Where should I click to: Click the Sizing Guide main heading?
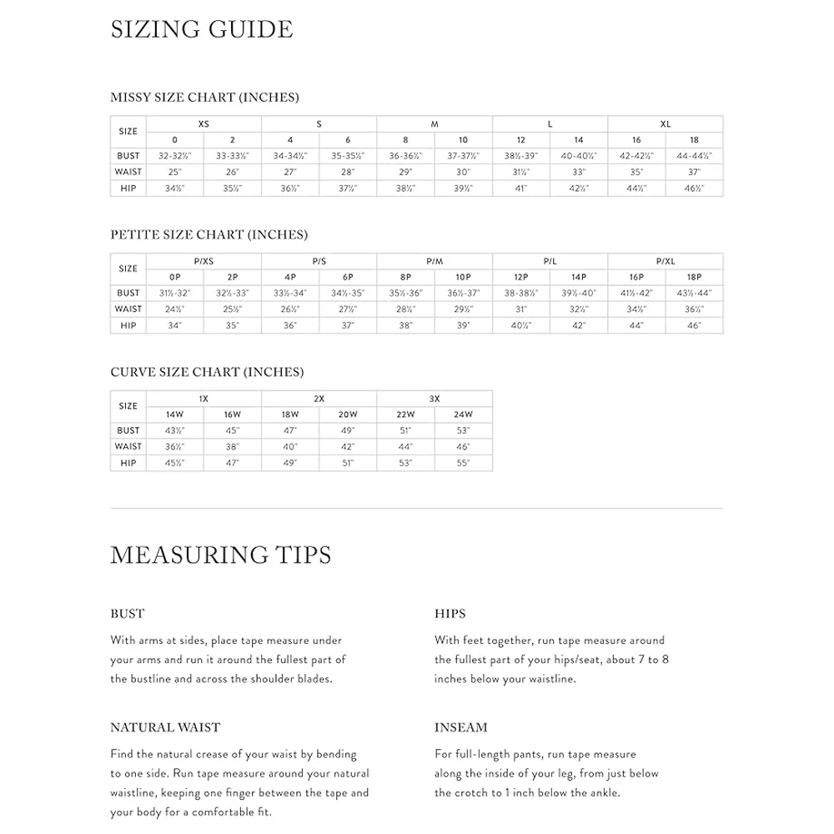pyautogui.click(x=202, y=30)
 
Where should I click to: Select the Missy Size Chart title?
pyautogui.click(x=204, y=98)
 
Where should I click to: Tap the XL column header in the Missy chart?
pyautogui.click(x=666, y=124)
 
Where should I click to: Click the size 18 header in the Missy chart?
pyautogui.click(x=694, y=140)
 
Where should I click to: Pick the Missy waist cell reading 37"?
pyautogui.click(x=694, y=172)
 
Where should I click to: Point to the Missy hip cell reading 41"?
pyautogui.click(x=521, y=188)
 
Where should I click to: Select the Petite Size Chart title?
pyautogui.click(x=208, y=235)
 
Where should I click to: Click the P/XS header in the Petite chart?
pyautogui.click(x=203, y=262)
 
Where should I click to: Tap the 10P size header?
pyautogui.click(x=464, y=278)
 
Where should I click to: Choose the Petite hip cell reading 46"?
pyautogui.click(x=694, y=325)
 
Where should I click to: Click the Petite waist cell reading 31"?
pyautogui.click(x=521, y=309)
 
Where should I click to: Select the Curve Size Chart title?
pyautogui.click(x=207, y=372)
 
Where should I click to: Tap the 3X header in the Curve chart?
pyautogui.click(x=435, y=399)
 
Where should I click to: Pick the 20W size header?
pyautogui.click(x=348, y=414)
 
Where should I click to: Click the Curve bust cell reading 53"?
pyautogui.click(x=464, y=430)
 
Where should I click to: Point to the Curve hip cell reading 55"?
pyautogui.click(x=464, y=463)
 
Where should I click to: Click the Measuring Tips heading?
pyautogui.click(x=220, y=555)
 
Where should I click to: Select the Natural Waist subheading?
pyautogui.click(x=165, y=728)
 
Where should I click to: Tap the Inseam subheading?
pyautogui.click(x=460, y=728)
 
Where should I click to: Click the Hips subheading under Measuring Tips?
pyautogui.click(x=450, y=614)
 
